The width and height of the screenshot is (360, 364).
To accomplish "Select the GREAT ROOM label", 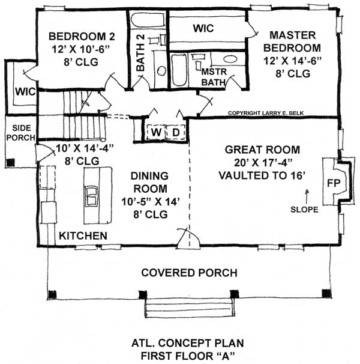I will (x=262, y=150).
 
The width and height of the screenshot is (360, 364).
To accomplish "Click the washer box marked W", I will (x=155, y=132).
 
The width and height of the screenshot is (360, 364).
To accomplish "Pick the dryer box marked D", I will (x=176, y=132).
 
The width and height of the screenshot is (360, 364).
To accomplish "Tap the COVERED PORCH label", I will (x=188, y=273).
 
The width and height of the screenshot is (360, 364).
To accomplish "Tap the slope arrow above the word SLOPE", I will (x=307, y=196).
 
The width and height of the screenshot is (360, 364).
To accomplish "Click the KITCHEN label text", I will (x=83, y=235).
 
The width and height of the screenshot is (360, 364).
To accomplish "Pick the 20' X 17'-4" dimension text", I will (x=262, y=163).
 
